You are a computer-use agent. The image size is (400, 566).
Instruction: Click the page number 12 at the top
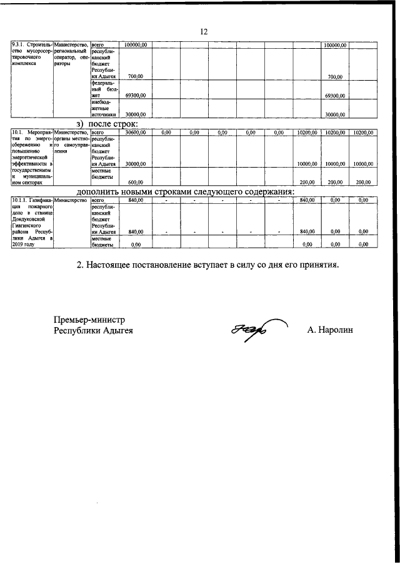pos(203,32)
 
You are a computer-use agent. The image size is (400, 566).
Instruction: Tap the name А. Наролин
pos(330,330)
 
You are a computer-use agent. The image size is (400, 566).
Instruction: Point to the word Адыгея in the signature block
pos(117,330)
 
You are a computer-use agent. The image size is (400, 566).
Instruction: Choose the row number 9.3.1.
pos(20,45)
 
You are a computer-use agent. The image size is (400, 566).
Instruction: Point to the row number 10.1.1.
pos(21,200)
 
